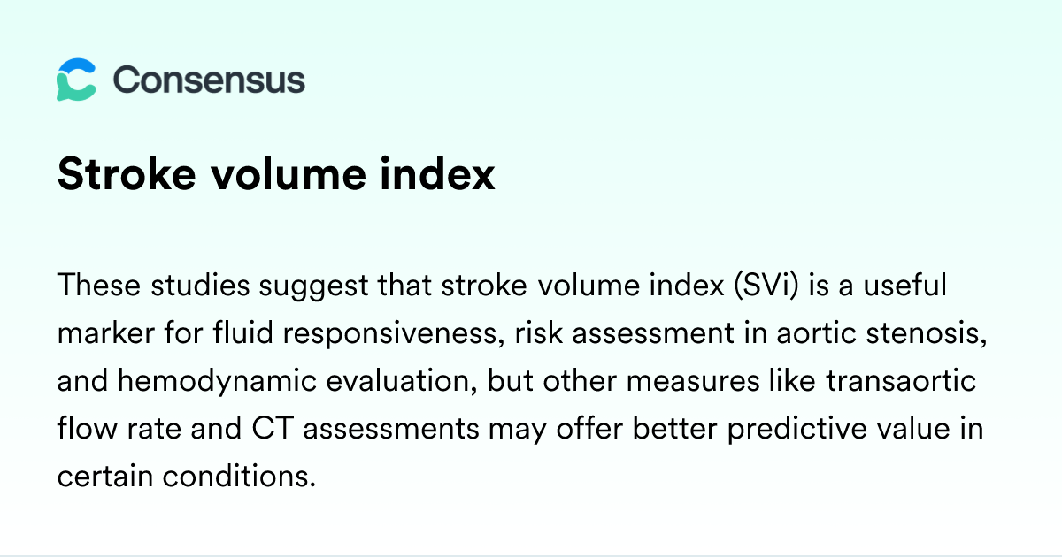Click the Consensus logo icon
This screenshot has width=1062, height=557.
click(x=76, y=80)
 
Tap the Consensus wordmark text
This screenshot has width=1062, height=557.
click(x=209, y=80)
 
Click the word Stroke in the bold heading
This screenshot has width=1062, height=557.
click(x=127, y=175)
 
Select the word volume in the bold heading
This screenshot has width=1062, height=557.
click(x=289, y=175)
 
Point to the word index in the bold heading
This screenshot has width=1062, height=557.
click(x=437, y=175)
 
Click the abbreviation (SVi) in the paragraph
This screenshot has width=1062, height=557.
click(x=766, y=285)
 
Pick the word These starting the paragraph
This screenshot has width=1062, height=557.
click(x=99, y=285)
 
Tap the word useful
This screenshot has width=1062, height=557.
click(x=905, y=285)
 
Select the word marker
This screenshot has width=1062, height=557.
click(x=106, y=332)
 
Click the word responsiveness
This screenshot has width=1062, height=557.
click(x=394, y=333)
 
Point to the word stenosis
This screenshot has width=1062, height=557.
click(x=927, y=333)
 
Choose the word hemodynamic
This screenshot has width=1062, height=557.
click(x=217, y=381)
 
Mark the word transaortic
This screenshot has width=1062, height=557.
click(x=901, y=380)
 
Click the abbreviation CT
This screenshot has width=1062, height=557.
click(x=273, y=428)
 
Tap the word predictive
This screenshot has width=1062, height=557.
click(x=797, y=429)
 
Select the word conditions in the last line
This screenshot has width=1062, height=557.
click(x=240, y=476)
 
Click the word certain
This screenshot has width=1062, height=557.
click(x=105, y=476)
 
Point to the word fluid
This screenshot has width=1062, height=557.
click(x=243, y=332)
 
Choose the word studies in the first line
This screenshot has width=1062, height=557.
click(x=200, y=285)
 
